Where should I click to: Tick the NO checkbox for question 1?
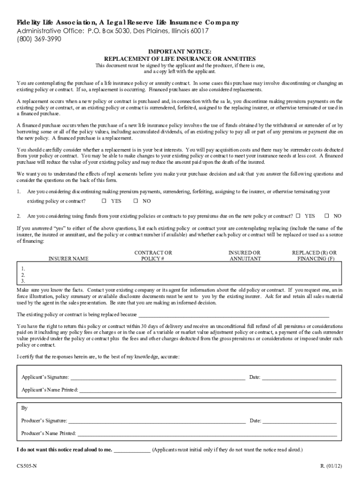136,201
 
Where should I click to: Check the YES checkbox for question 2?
298,216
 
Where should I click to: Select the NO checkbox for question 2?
327,216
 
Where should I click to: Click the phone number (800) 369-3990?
35,39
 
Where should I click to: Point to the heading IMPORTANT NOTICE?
180,51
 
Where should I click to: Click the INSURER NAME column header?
68,259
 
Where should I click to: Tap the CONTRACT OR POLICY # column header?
153,255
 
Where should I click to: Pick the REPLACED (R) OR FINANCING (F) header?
314,255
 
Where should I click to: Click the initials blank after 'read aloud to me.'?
132,450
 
